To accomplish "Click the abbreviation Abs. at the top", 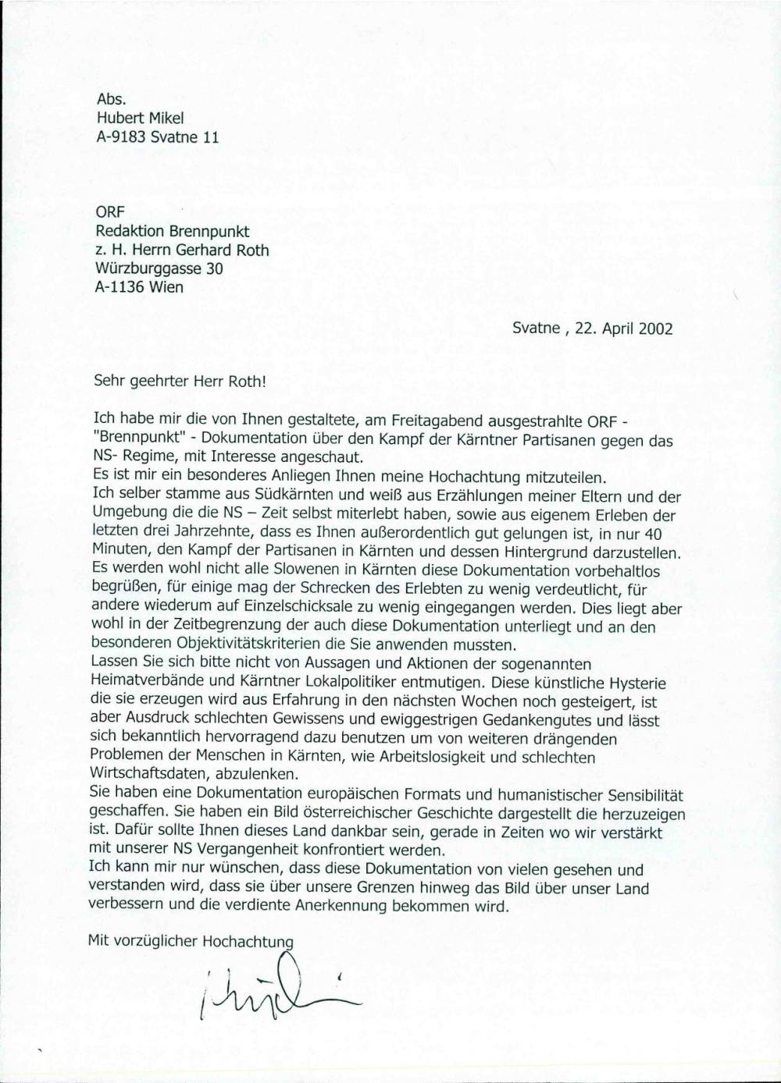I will click(110, 100).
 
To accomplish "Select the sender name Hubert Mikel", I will click(140, 119).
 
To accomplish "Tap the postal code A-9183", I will click(121, 137).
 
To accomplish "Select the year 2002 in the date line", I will click(655, 328).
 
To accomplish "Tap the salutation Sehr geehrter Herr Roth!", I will click(180, 382).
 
